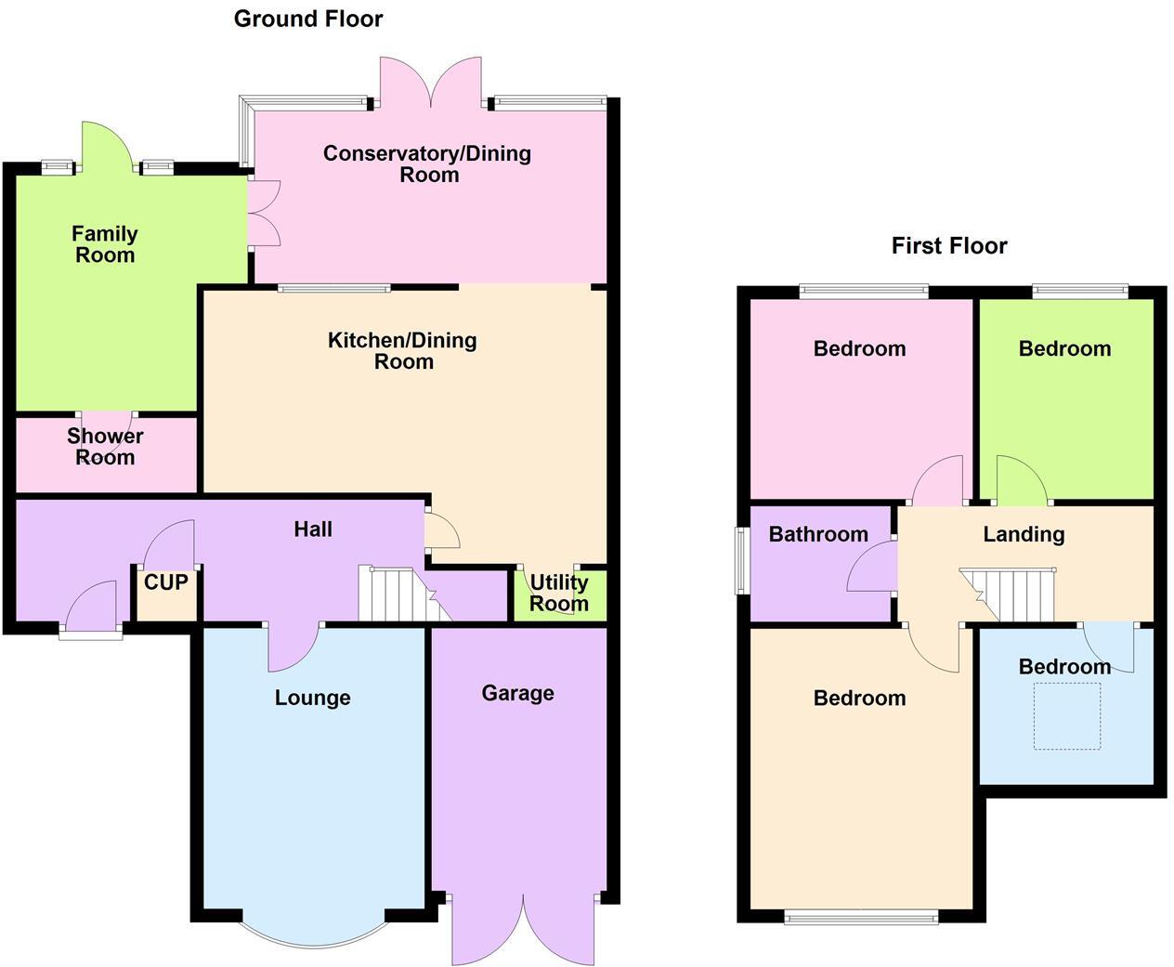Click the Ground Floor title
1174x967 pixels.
[x=307, y=19]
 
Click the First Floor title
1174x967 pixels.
[x=948, y=245]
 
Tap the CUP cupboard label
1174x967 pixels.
[x=166, y=582]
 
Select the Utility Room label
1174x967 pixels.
[x=558, y=593]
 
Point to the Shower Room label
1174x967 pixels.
[x=105, y=446]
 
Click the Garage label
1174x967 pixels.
[x=517, y=693]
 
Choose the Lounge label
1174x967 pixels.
[x=312, y=698]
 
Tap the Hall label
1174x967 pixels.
[x=313, y=529]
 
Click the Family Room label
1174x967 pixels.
[x=105, y=244]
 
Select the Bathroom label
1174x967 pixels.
[x=818, y=534]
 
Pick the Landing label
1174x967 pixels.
[x=1024, y=534]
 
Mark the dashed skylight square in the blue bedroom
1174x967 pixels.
[x=1067, y=716]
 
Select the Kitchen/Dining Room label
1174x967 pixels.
[x=402, y=351]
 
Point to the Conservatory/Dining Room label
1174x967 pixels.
[x=427, y=163]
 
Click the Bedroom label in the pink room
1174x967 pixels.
[x=859, y=348]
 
